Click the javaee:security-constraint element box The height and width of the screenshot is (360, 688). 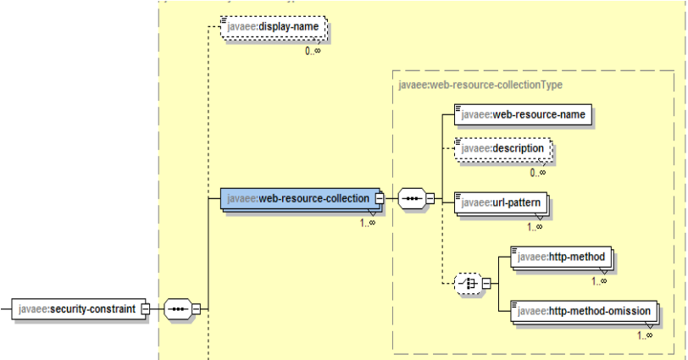(x=76, y=309)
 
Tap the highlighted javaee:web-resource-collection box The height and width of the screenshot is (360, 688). (x=297, y=199)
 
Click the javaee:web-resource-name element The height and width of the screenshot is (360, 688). (x=521, y=114)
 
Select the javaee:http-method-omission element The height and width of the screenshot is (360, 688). (x=584, y=312)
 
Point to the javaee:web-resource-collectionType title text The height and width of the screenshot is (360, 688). (x=480, y=85)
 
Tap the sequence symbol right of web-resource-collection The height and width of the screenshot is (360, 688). (x=411, y=199)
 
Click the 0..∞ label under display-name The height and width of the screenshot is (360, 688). (x=313, y=51)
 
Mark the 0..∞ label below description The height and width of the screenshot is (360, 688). (x=538, y=173)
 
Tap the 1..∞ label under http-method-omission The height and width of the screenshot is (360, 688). (x=644, y=335)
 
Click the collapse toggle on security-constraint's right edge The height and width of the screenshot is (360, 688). (x=146, y=309)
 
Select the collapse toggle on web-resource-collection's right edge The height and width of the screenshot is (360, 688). (x=380, y=199)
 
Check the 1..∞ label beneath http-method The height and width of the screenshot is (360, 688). (x=599, y=280)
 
